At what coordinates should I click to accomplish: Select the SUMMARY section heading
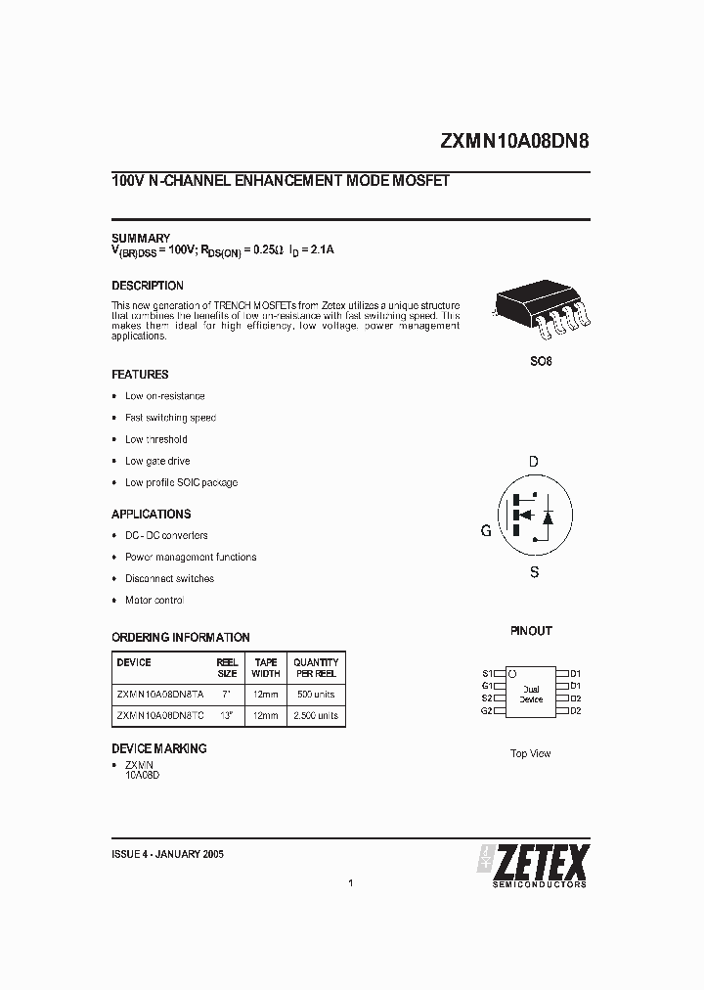coord(141,239)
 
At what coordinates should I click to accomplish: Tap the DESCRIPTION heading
coord(148,286)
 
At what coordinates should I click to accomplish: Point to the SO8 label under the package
coord(541,361)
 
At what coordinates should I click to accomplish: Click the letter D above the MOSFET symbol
coord(534,462)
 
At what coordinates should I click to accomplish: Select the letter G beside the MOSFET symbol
coord(486,531)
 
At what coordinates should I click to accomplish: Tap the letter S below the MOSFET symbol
coord(534,572)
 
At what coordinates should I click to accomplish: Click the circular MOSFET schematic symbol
coord(529,516)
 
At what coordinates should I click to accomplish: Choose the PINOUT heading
coord(531,631)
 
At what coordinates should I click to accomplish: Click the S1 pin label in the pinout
coord(487,673)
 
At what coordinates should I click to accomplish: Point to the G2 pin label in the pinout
coord(487,710)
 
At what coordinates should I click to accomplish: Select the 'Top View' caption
coord(531,753)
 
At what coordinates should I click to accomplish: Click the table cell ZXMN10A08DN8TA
coord(160,694)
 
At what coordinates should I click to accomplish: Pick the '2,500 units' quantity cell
coord(316,715)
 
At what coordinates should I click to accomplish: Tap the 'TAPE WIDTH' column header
coord(266,667)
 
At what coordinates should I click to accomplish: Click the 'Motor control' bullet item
coord(154,600)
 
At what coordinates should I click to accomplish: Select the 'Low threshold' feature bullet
coord(156,439)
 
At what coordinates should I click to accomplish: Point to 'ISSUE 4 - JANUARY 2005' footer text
coord(168,854)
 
